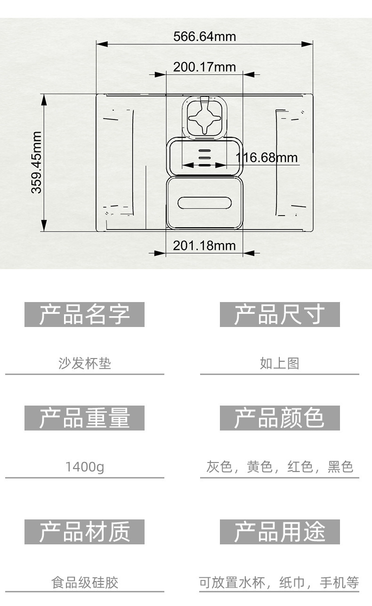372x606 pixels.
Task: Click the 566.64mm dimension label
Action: [x=204, y=36]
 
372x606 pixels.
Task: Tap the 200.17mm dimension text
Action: [x=204, y=67]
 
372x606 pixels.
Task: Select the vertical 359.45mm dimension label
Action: [x=37, y=162]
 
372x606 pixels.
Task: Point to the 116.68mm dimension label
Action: [x=267, y=157]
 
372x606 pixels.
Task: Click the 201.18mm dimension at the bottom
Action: [x=204, y=246]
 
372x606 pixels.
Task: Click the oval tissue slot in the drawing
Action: [x=204, y=202]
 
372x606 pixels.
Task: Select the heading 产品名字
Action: [x=84, y=314]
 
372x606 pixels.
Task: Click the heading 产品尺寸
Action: [x=280, y=314]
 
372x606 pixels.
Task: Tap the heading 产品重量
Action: [x=84, y=418]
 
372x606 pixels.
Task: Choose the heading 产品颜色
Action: [x=280, y=418]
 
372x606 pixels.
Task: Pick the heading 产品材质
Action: [x=84, y=532]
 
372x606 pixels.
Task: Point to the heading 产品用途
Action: [x=280, y=532]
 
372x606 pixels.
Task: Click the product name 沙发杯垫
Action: [x=85, y=363]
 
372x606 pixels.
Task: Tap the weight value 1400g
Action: [x=85, y=467]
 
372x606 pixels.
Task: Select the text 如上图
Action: [x=280, y=363]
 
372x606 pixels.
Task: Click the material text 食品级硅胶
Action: [x=85, y=583]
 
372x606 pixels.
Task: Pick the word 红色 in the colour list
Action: [x=300, y=467]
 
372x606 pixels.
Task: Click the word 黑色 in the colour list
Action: [x=340, y=467]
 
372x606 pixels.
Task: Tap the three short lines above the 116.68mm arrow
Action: [x=204, y=155]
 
